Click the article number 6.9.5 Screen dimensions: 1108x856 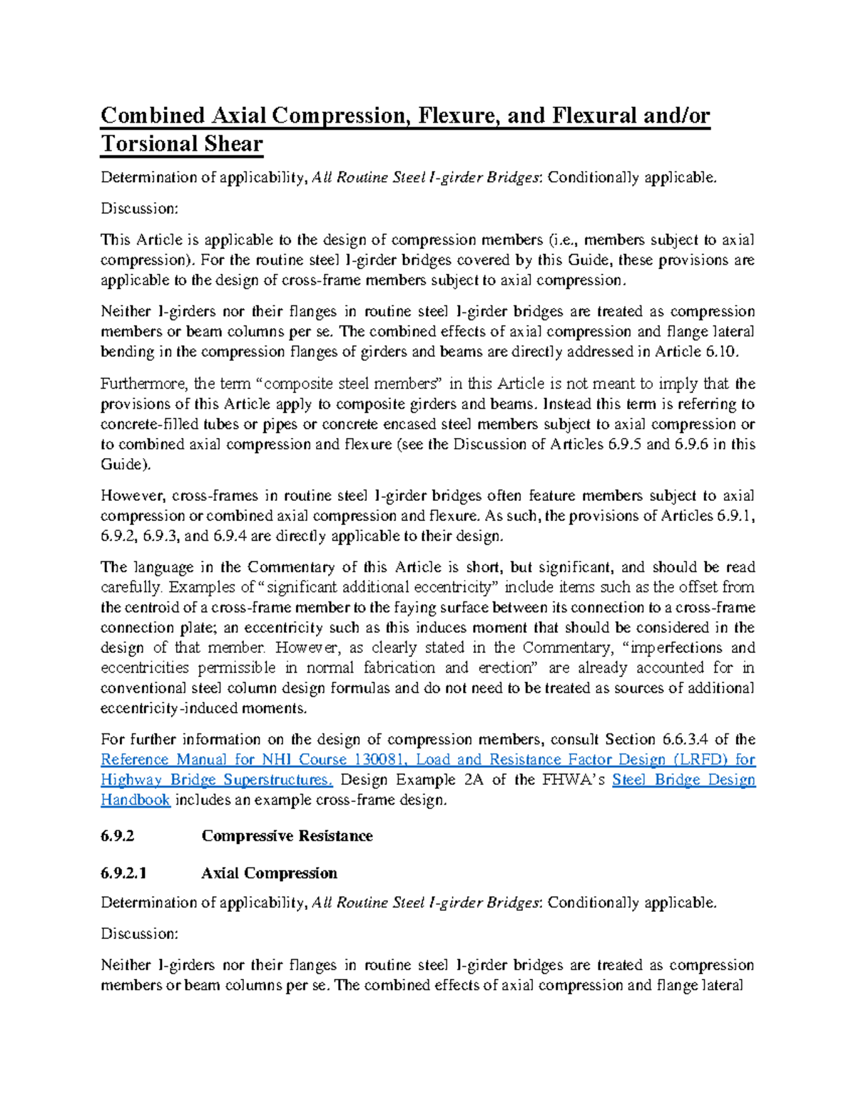tap(625, 444)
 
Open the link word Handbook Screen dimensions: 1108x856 tap(136, 800)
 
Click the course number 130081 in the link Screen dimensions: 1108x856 tap(382, 760)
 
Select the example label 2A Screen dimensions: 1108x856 tap(474, 780)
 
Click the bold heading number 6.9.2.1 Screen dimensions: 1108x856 tap(123, 873)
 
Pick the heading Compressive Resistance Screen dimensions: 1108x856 tap(287, 836)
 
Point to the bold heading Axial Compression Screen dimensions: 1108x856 tap(269, 873)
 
